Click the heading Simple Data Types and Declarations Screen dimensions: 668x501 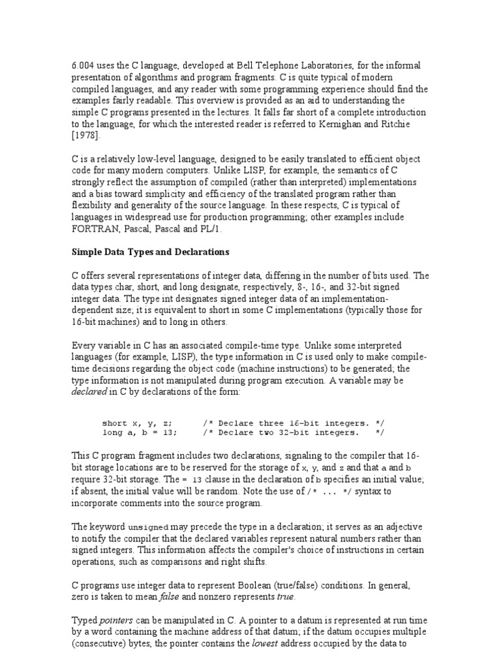pos(150,252)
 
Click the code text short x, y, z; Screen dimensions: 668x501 pos(138,422)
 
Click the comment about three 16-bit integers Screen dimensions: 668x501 pos(294,422)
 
